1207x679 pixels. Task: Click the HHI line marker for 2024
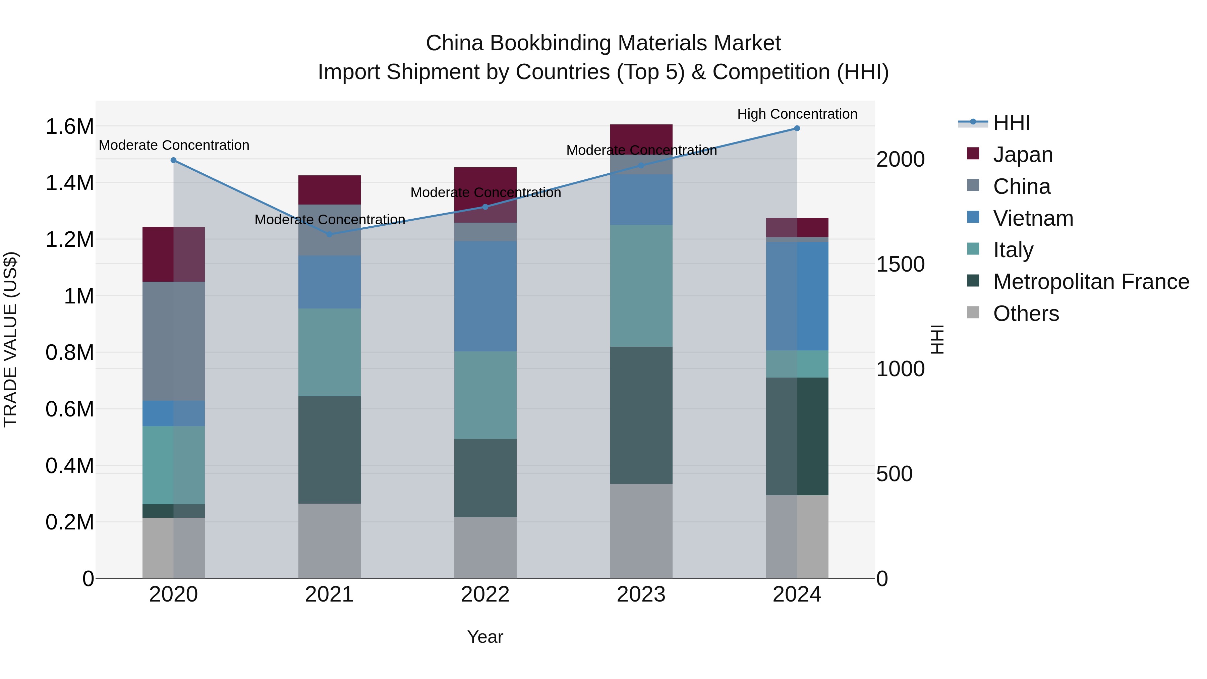(x=797, y=128)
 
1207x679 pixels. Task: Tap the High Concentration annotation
(x=797, y=114)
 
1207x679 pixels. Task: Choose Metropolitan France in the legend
(x=1091, y=282)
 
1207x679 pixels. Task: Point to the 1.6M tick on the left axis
(x=69, y=126)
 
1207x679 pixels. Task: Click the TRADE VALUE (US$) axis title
(x=10, y=339)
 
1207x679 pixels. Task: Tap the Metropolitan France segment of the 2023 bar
(x=641, y=415)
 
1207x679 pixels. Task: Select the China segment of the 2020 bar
(x=173, y=341)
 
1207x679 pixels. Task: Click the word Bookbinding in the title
(x=551, y=43)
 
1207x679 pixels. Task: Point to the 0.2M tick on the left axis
(x=69, y=522)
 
